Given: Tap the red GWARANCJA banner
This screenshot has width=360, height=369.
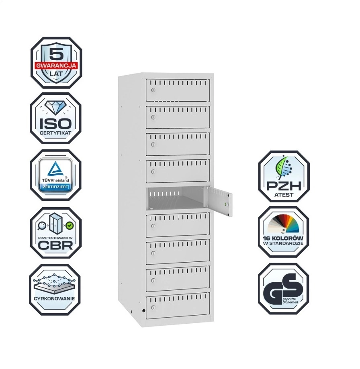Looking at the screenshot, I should pyautogui.click(x=56, y=65).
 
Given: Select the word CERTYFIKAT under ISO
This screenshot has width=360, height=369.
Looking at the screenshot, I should pyautogui.click(x=56, y=132).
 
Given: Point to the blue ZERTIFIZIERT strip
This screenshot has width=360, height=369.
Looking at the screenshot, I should pyautogui.click(x=56, y=188).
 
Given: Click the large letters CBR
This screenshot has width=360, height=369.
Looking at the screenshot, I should pyautogui.click(x=56, y=245).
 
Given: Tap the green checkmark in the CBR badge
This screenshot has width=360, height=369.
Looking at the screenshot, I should pyautogui.click(x=69, y=226).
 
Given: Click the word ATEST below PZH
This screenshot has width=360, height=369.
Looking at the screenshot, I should pyautogui.click(x=284, y=196).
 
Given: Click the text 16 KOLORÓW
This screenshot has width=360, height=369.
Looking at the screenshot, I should pyautogui.click(x=284, y=238).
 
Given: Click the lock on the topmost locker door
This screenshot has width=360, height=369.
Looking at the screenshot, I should pyautogui.click(x=153, y=90).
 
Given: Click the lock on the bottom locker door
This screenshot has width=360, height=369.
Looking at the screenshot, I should pyautogui.click(x=153, y=308).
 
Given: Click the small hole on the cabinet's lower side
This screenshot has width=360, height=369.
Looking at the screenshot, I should pyautogui.click(x=143, y=310).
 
